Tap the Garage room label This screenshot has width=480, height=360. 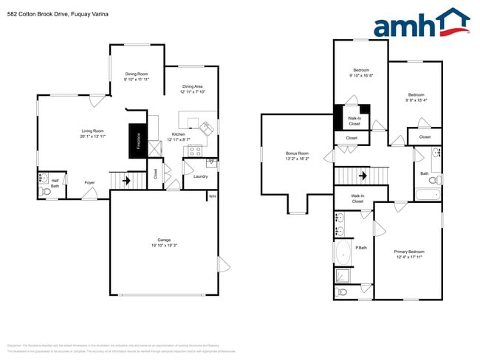(164, 243)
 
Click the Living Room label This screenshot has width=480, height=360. (93, 134)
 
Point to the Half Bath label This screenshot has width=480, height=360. (55, 184)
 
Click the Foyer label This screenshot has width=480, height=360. (89, 182)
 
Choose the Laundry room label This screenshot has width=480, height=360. (200, 176)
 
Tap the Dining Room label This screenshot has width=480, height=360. (137, 76)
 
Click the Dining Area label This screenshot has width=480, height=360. (193, 89)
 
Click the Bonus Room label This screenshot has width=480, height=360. (297, 156)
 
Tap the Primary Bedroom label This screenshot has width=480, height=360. (409, 255)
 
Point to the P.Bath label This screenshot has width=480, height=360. (362, 248)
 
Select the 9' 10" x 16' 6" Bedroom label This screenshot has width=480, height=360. (361, 73)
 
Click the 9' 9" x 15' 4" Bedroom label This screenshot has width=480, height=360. (416, 97)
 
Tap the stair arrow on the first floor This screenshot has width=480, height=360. (126, 179)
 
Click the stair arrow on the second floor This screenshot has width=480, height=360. (363, 176)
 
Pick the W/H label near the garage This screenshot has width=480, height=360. (212, 196)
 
